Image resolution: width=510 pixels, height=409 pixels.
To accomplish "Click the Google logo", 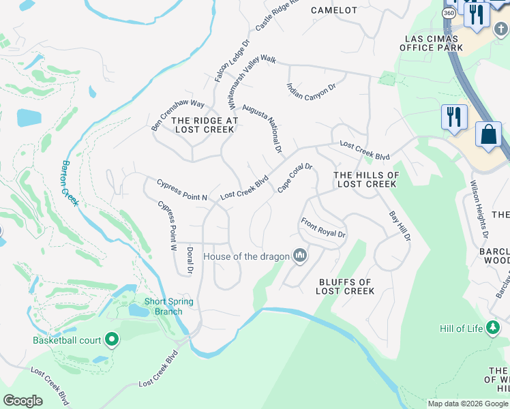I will tap(23, 401).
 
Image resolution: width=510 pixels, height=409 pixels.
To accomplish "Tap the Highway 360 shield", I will tap(449, 14).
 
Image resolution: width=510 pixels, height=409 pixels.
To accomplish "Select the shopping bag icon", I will tap(489, 134).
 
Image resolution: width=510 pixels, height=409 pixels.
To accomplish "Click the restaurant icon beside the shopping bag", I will tap(453, 117).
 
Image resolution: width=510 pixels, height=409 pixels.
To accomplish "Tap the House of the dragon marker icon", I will tap(299, 256).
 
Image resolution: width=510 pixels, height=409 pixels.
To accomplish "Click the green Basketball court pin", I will tap(112, 339).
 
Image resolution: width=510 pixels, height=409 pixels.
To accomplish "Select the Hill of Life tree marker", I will tap(492, 329).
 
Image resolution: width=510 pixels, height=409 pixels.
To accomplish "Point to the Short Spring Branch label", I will tap(168, 307).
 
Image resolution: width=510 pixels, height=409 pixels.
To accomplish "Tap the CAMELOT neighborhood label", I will tap(334, 10).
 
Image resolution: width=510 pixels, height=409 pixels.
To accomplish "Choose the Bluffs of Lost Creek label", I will tap(345, 286).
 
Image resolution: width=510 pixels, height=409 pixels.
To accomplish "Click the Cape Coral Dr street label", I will tap(295, 178).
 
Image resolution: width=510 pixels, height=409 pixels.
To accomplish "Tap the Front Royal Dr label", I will tap(324, 228).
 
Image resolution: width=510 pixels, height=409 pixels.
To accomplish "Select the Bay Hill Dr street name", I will tap(400, 226).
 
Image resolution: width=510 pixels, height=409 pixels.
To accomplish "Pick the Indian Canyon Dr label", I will tap(312, 97).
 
